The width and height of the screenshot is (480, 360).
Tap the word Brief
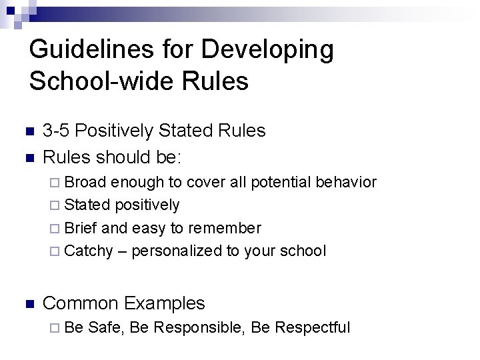coord(82,228)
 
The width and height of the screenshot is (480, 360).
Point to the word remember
coord(224,228)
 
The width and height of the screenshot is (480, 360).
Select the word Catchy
coord(89,251)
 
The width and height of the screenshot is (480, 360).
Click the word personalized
coord(175,251)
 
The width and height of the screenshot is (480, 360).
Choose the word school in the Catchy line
coord(303,251)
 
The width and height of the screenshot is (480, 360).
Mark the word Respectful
coord(312,327)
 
